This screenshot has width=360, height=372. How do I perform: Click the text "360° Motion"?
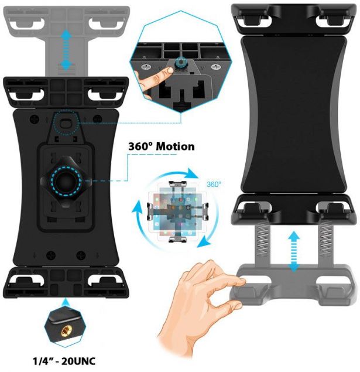click(161, 146)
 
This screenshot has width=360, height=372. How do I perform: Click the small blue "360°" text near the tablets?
click(214, 184)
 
